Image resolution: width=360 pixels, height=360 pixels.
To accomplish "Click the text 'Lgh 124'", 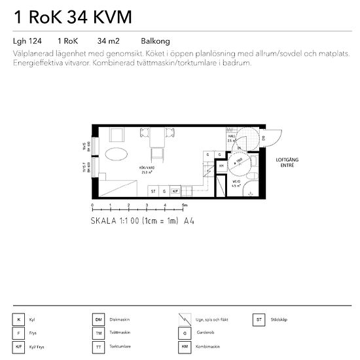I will tap(27, 41).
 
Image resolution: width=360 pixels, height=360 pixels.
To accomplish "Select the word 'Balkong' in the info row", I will tap(155, 41).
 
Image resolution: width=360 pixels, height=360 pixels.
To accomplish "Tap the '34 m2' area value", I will tap(107, 41).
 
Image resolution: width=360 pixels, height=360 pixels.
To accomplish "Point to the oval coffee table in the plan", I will tap(116, 155).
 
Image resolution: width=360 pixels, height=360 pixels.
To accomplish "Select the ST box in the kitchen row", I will tap(153, 191).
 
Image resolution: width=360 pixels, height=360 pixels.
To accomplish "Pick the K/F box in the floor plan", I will tap(175, 191).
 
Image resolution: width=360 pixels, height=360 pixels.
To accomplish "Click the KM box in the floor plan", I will tap(222, 166).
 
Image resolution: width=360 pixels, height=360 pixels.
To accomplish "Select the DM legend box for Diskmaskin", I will tap(99, 320).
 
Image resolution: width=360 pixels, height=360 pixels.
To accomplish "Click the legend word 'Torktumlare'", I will tap(120, 346).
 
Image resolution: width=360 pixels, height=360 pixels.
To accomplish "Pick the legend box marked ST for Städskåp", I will tap(260, 320).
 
